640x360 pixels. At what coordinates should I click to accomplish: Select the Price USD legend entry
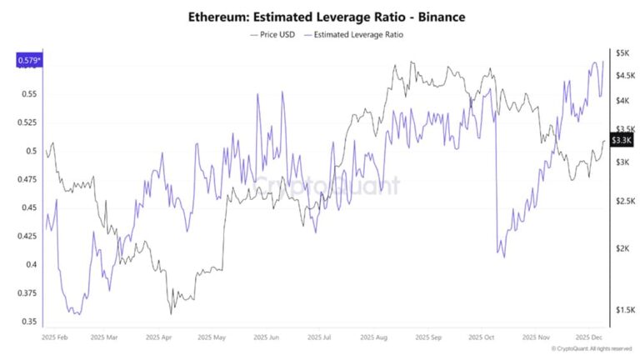272,35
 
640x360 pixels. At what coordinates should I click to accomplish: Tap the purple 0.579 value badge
27,60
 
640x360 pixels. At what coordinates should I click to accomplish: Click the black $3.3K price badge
622,140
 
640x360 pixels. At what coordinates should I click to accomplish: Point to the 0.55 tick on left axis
27,93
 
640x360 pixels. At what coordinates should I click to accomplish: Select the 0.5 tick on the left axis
30,151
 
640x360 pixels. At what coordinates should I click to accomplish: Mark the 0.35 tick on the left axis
27,322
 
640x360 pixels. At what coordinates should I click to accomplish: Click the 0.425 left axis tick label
27,236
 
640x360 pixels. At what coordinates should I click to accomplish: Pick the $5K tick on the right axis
622,52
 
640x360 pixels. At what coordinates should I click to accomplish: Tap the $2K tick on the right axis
622,248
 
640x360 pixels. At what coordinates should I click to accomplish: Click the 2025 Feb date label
55,338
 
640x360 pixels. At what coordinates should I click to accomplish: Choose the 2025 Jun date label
268,338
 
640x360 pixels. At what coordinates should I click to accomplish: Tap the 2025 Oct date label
482,338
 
